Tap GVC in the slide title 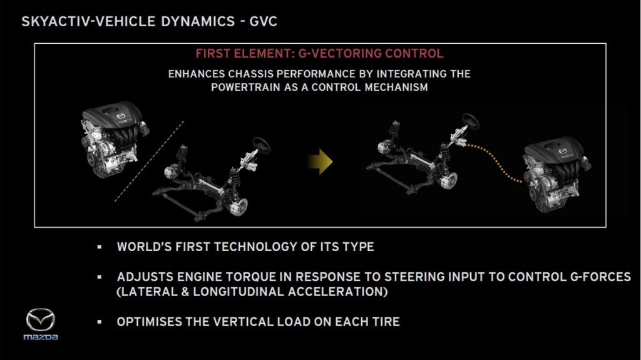264,21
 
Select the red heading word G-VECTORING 340,54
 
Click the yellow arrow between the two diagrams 321,162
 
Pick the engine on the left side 114,139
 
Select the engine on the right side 556,174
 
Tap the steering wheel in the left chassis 261,145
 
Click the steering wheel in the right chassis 470,121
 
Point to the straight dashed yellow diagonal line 149,161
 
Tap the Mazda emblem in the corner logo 41,319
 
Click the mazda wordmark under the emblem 41,337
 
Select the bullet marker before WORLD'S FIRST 100,247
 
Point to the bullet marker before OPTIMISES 100,322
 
